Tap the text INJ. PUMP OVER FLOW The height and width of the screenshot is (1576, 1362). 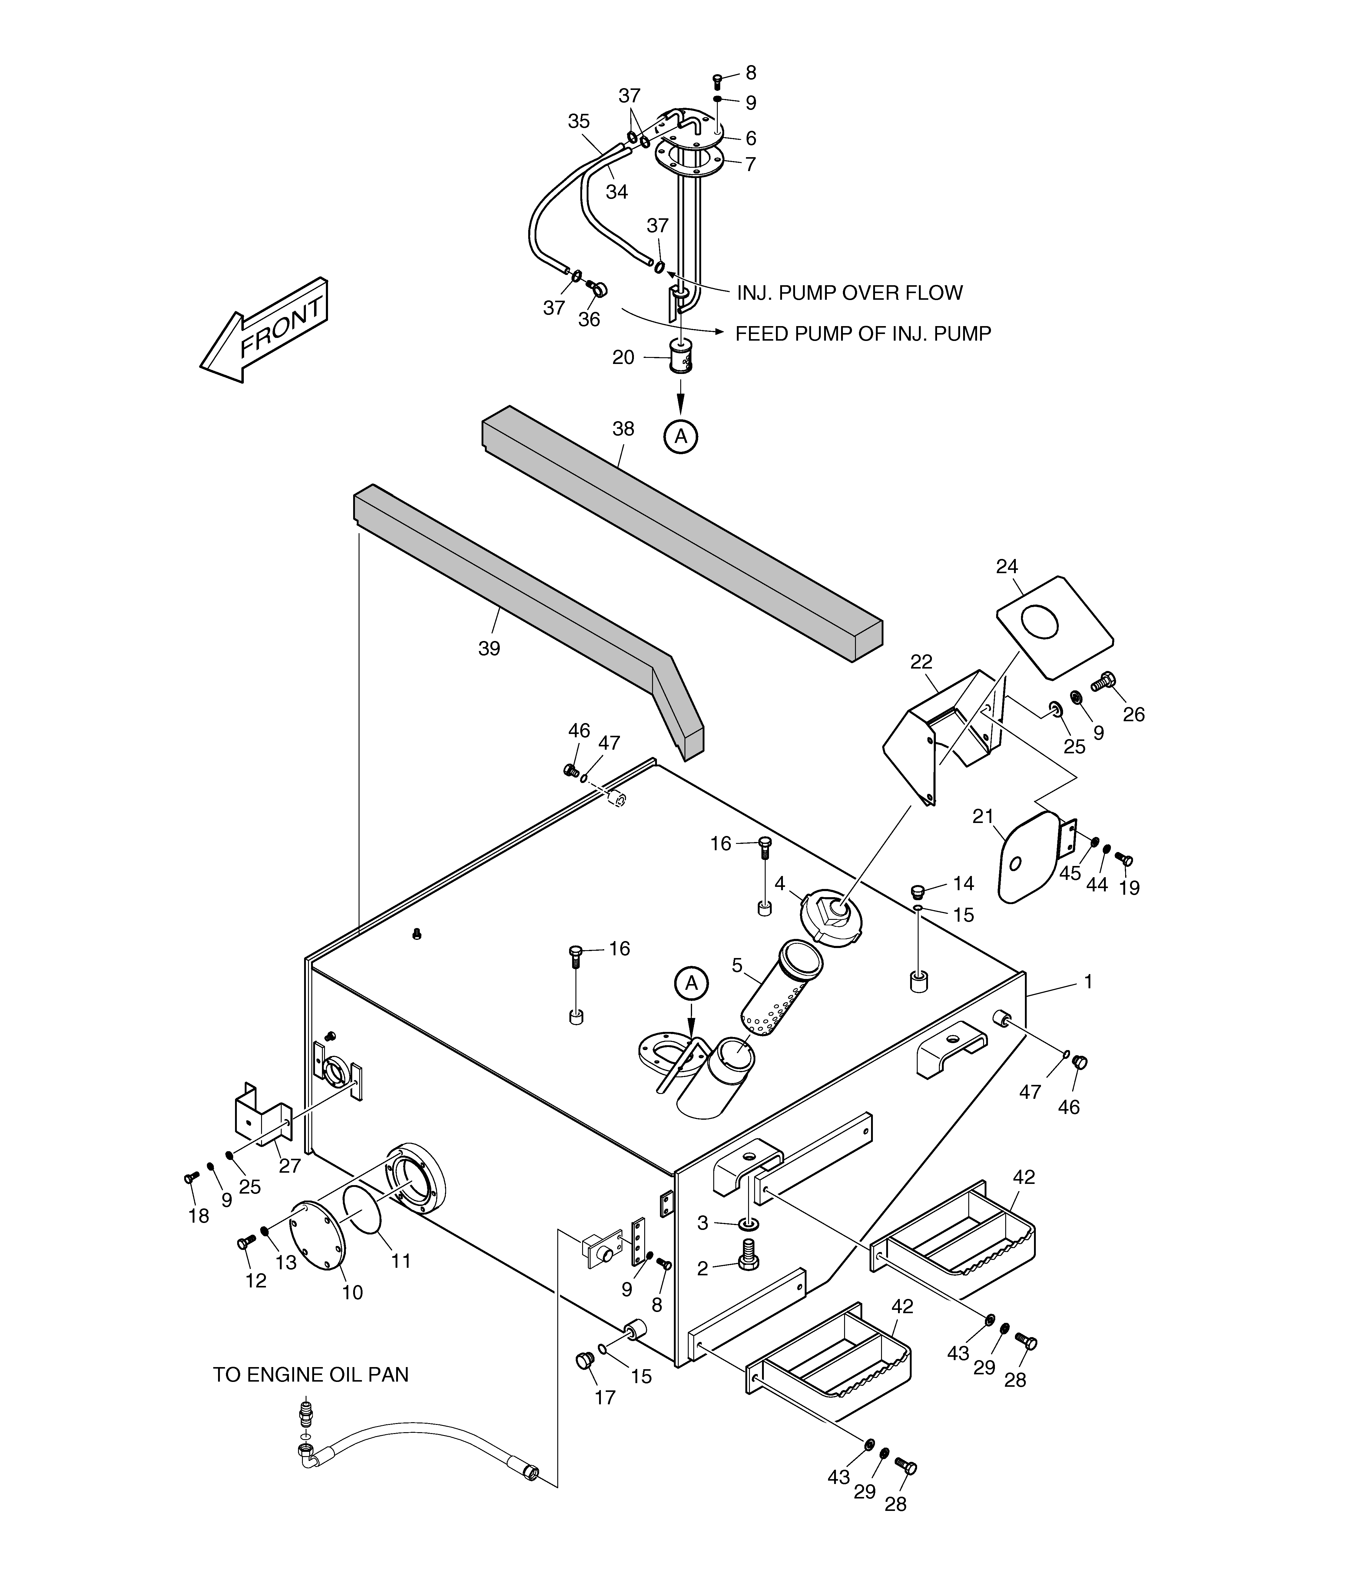(x=849, y=293)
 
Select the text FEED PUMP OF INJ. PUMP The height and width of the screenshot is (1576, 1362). (x=863, y=334)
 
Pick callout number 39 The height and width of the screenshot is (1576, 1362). (x=489, y=649)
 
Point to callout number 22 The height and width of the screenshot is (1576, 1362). (x=921, y=662)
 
